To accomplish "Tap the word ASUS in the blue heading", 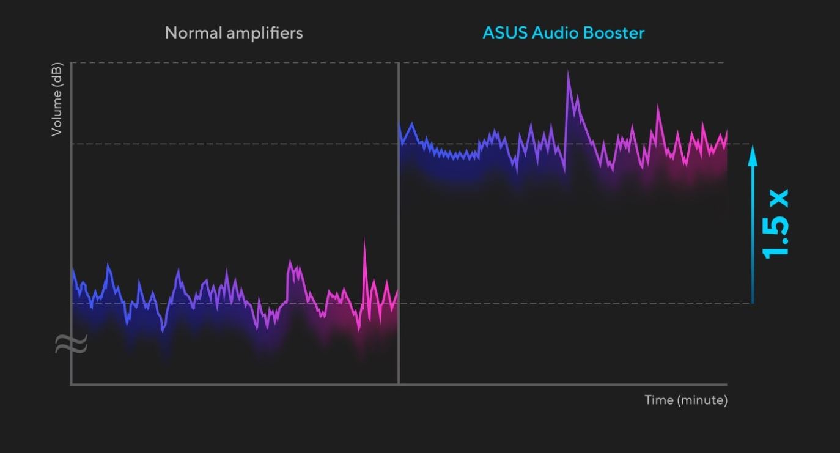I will click(x=504, y=33).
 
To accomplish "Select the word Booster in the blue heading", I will click(x=614, y=33).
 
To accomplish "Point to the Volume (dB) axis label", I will click(x=57, y=99).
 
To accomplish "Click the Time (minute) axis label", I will click(x=685, y=400).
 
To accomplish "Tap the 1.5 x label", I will click(x=776, y=223).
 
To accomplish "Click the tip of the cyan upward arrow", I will click(x=753, y=147).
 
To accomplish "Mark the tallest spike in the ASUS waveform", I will click(x=568, y=72).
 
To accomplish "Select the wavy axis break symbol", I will click(x=71, y=344).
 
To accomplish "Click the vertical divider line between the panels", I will click(x=399, y=245).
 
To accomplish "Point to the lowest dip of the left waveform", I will click(x=163, y=331).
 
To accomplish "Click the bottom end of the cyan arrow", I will click(x=753, y=302).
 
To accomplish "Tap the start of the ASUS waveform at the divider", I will click(x=400, y=125).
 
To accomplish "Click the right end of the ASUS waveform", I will click(x=726, y=132).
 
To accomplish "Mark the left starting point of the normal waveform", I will click(x=73, y=269).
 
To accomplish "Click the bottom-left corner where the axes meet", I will click(x=72, y=384).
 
